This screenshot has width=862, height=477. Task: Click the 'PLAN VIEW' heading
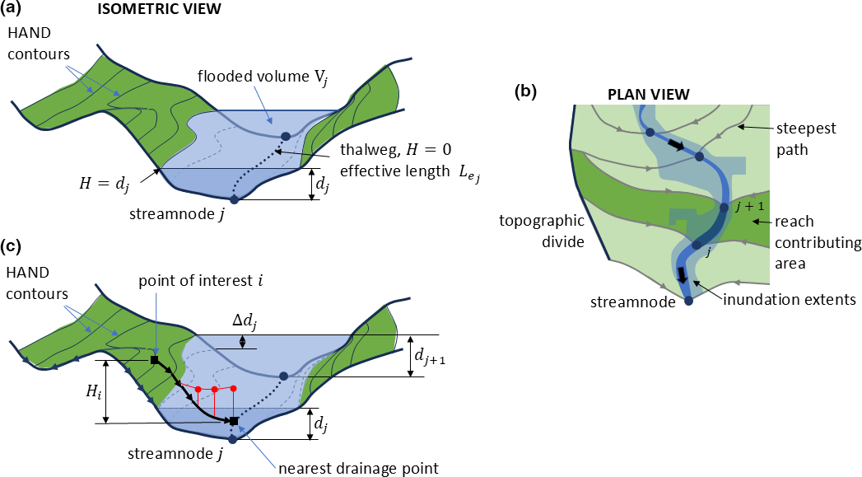[x=648, y=94]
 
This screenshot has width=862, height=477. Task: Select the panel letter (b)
[x=525, y=91]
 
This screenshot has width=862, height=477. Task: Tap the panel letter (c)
[x=16, y=245]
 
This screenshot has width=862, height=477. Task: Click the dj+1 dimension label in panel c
[x=436, y=356]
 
